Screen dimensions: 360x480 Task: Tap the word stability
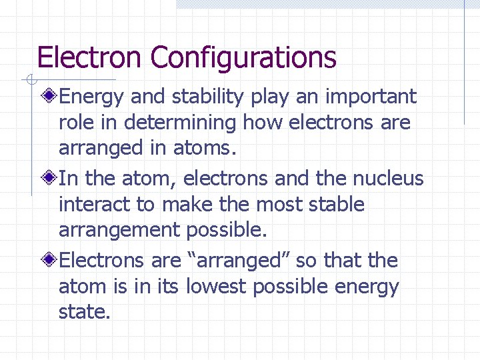[208, 97]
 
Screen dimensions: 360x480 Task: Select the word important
[371, 97]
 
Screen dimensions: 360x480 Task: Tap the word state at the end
[84, 312]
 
